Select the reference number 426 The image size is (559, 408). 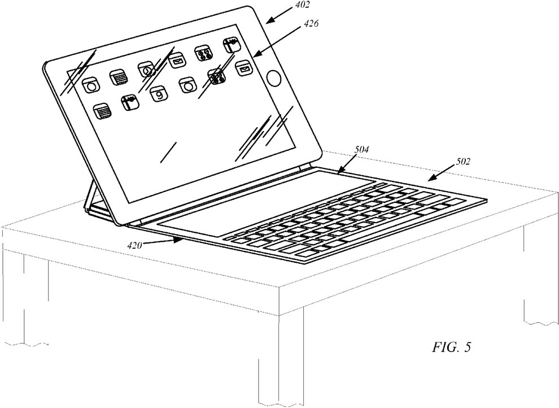click(311, 24)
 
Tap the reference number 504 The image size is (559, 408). click(361, 149)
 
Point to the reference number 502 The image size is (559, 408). click(463, 162)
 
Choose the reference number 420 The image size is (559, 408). click(135, 245)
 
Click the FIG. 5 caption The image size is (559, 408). click(452, 347)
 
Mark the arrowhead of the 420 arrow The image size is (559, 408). click(180, 241)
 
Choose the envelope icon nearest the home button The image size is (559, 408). click(243, 68)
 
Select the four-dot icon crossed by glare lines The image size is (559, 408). click(217, 77)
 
